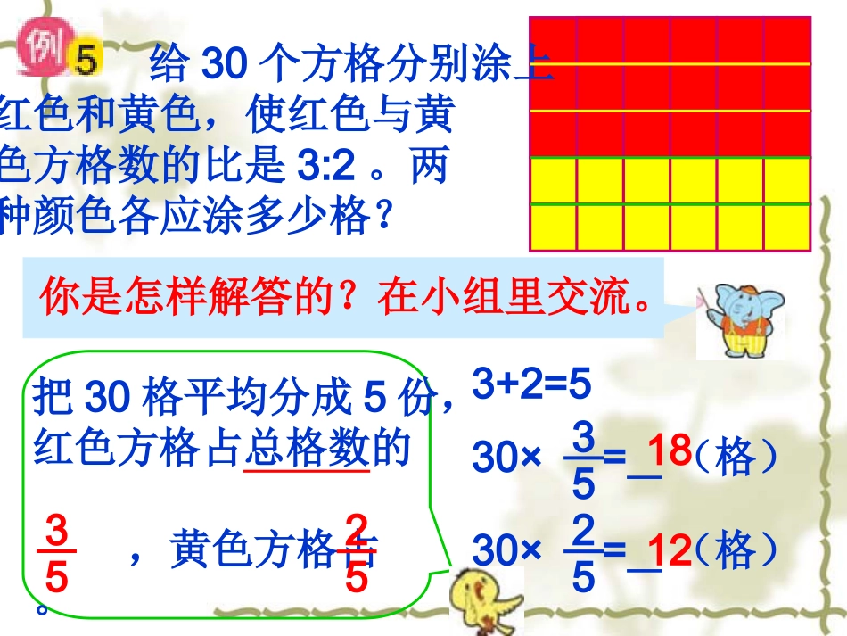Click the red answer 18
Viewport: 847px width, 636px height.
point(670,451)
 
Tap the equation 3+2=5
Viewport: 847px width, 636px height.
point(531,385)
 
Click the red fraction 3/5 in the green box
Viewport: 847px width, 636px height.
point(56,556)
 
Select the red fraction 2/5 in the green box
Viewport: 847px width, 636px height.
point(356,556)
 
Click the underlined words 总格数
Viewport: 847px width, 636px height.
point(306,449)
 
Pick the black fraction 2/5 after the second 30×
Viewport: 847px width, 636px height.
point(583,555)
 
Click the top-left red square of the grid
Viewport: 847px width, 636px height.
point(553,41)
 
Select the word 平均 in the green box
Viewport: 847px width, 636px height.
point(228,399)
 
